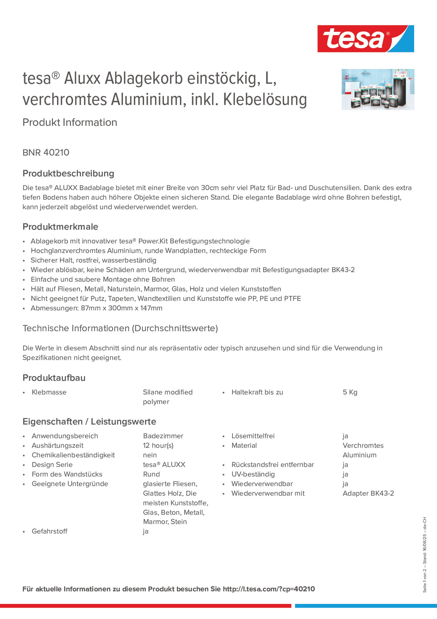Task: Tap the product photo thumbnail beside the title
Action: coord(378,89)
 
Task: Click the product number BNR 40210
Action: coord(46,152)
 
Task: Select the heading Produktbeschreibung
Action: coord(68,173)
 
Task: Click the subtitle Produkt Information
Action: coord(70,122)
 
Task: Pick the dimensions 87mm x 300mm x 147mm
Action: coord(122,308)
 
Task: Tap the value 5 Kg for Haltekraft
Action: coord(350,392)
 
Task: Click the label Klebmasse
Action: coord(49,392)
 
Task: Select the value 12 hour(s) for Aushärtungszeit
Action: coord(158,446)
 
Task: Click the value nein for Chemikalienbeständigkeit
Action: coord(150,455)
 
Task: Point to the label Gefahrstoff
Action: coord(50,531)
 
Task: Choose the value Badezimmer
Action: coord(163,436)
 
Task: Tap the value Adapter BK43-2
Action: coord(368,493)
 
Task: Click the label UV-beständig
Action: coord(253,474)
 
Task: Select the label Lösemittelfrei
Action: coord(253,436)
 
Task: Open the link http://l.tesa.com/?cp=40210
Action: coord(269,589)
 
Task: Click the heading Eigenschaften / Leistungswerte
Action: coord(89,422)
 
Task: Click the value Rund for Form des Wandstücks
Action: coord(151,474)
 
